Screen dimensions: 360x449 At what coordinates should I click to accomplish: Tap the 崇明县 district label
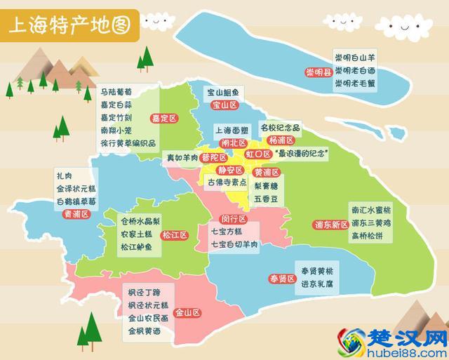317,72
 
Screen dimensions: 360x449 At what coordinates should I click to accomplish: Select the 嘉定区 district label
165,118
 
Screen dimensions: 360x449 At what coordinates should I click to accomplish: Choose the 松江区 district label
175,234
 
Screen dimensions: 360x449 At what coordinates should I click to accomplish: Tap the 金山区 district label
188,312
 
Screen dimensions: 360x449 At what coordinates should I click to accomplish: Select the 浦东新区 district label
330,225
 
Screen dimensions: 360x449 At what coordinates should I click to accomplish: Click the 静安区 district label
230,170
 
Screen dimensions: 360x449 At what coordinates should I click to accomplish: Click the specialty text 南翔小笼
116,130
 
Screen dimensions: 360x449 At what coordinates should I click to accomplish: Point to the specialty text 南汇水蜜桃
369,209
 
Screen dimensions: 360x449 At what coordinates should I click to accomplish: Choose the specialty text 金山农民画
149,317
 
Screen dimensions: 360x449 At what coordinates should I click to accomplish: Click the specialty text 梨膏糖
267,187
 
